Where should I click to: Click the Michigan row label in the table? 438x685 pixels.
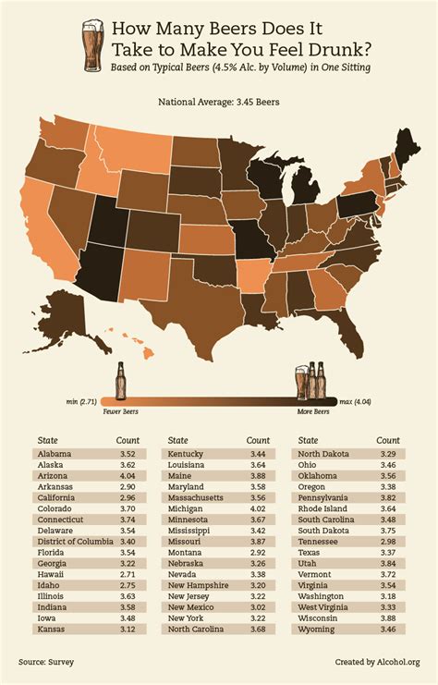[186, 533]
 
